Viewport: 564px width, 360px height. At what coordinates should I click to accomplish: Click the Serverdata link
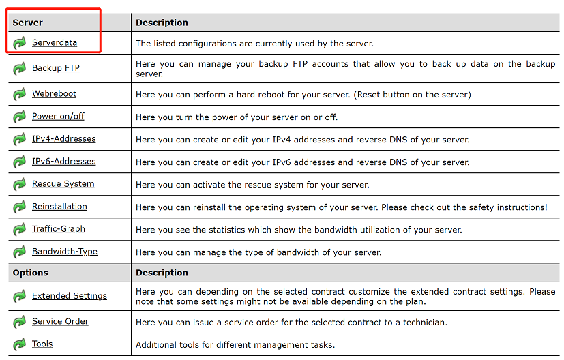(55, 43)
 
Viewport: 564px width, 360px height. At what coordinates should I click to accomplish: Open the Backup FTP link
(56, 68)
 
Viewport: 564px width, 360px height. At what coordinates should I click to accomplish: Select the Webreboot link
(54, 94)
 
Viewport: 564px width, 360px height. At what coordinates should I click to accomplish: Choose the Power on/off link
(58, 117)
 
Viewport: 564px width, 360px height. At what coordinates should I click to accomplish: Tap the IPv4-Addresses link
(63, 139)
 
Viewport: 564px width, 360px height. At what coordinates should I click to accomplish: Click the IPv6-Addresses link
(63, 162)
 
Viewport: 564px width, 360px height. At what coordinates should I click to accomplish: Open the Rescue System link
(63, 184)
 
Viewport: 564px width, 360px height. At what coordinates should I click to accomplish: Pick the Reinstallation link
(59, 207)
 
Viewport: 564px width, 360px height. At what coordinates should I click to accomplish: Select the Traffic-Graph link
(59, 229)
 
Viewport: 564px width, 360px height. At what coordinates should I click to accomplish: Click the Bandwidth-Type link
(65, 252)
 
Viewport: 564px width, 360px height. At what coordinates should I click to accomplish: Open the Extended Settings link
(70, 296)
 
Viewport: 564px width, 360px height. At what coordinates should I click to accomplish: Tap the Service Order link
(60, 322)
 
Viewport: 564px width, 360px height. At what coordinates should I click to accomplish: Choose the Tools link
(42, 344)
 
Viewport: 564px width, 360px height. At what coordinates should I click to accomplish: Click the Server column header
(28, 22)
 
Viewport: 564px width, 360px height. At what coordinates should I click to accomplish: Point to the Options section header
(31, 273)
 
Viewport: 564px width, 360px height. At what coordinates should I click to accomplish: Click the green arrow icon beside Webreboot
(19, 94)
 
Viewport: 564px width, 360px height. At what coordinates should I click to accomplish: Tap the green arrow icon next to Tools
(19, 344)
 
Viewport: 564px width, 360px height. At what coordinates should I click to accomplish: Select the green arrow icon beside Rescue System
(19, 185)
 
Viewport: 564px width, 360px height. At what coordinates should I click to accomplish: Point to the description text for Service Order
(282, 322)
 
